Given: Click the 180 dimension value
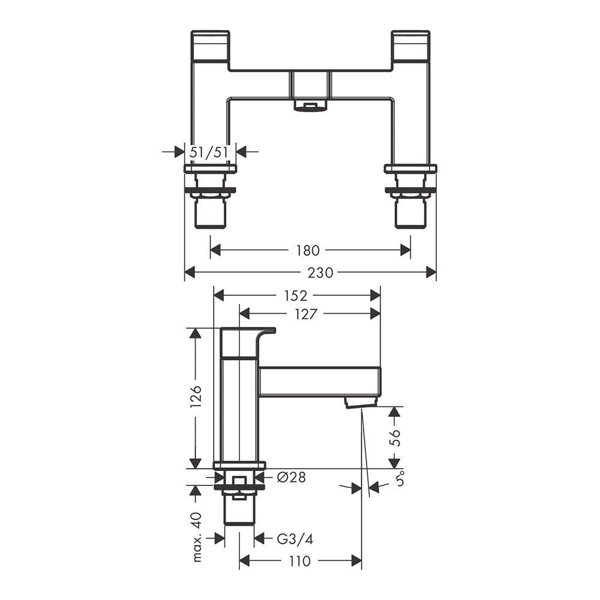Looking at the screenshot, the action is [x=308, y=251].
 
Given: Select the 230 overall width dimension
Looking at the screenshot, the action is [x=320, y=273].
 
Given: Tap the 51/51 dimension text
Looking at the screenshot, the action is [x=209, y=152].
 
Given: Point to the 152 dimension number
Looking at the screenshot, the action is [x=295, y=295].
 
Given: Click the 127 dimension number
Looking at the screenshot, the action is [x=306, y=314].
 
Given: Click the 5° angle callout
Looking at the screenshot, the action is [x=400, y=479].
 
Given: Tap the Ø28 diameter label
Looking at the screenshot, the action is [x=291, y=478].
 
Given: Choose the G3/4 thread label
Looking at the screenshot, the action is [x=295, y=539].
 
